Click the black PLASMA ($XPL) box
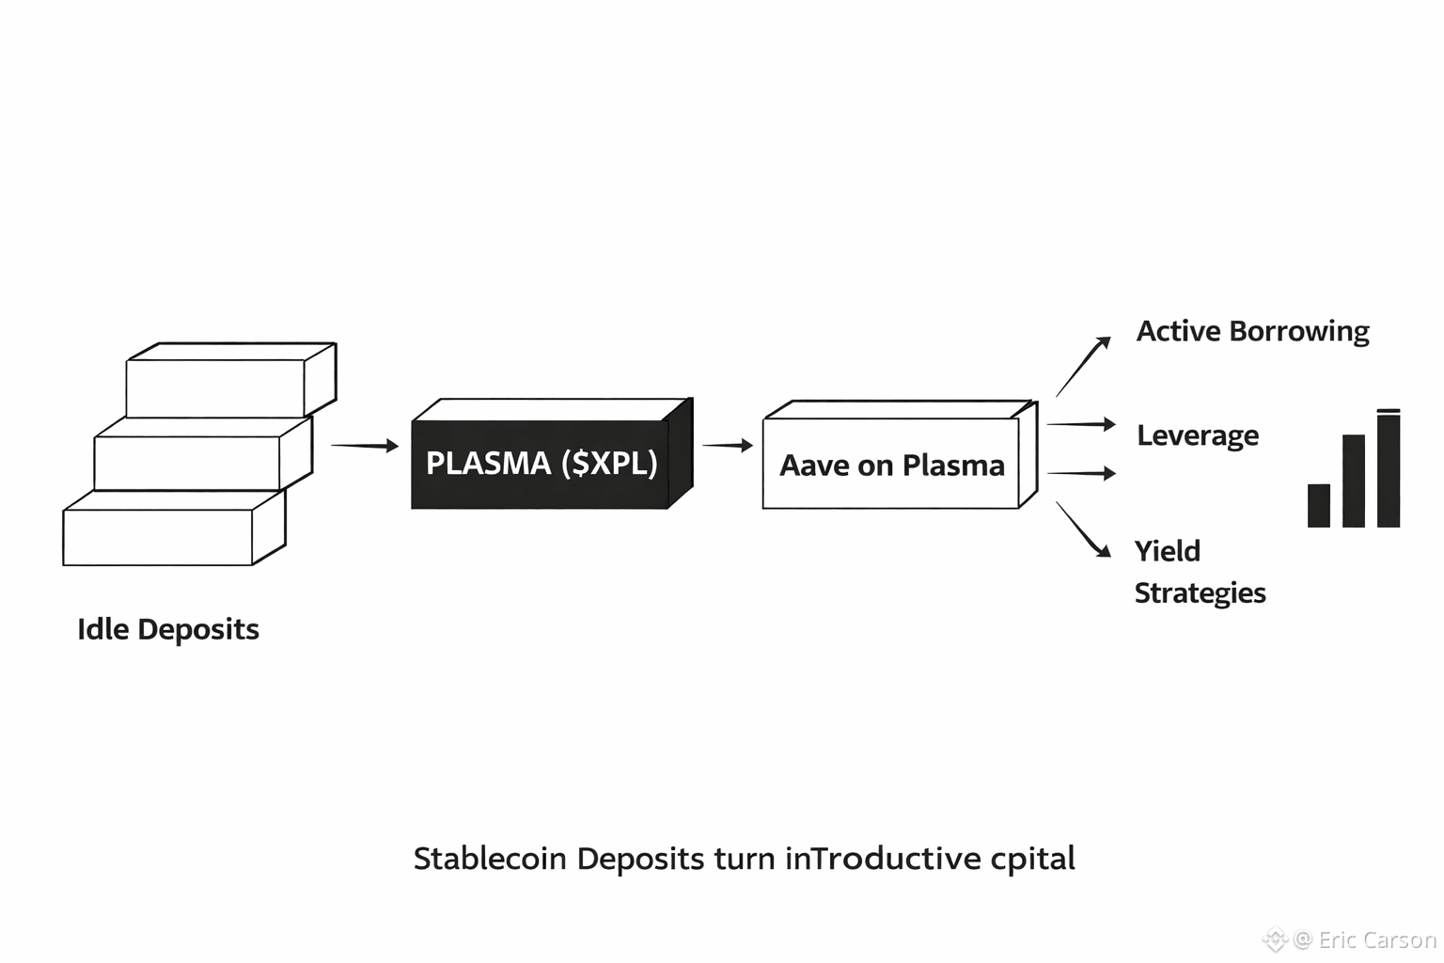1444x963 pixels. tap(553, 454)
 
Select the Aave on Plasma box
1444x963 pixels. tap(901, 455)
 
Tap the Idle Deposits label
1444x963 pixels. tap(168, 629)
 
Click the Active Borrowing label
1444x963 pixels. tap(1252, 332)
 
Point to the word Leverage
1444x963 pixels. tap(1198, 436)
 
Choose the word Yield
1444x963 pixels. tap(1168, 551)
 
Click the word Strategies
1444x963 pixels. tap(1201, 593)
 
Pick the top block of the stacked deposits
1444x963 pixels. tap(231, 380)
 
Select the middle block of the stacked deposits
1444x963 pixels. tap(204, 453)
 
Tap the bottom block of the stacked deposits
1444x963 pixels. tap(174, 528)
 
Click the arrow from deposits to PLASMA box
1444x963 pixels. tap(365, 445)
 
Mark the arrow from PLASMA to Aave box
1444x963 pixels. tap(728, 445)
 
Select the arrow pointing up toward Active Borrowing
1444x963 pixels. tap(1083, 367)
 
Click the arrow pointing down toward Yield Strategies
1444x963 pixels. tap(1083, 529)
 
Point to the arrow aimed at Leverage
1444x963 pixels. tap(1081, 424)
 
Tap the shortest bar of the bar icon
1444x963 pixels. tap(1319, 506)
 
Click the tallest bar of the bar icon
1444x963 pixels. tap(1389, 468)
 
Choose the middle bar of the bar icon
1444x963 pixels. tap(1354, 481)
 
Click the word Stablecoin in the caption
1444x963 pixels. tap(490, 859)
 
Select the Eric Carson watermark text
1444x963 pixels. tap(1377, 939)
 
